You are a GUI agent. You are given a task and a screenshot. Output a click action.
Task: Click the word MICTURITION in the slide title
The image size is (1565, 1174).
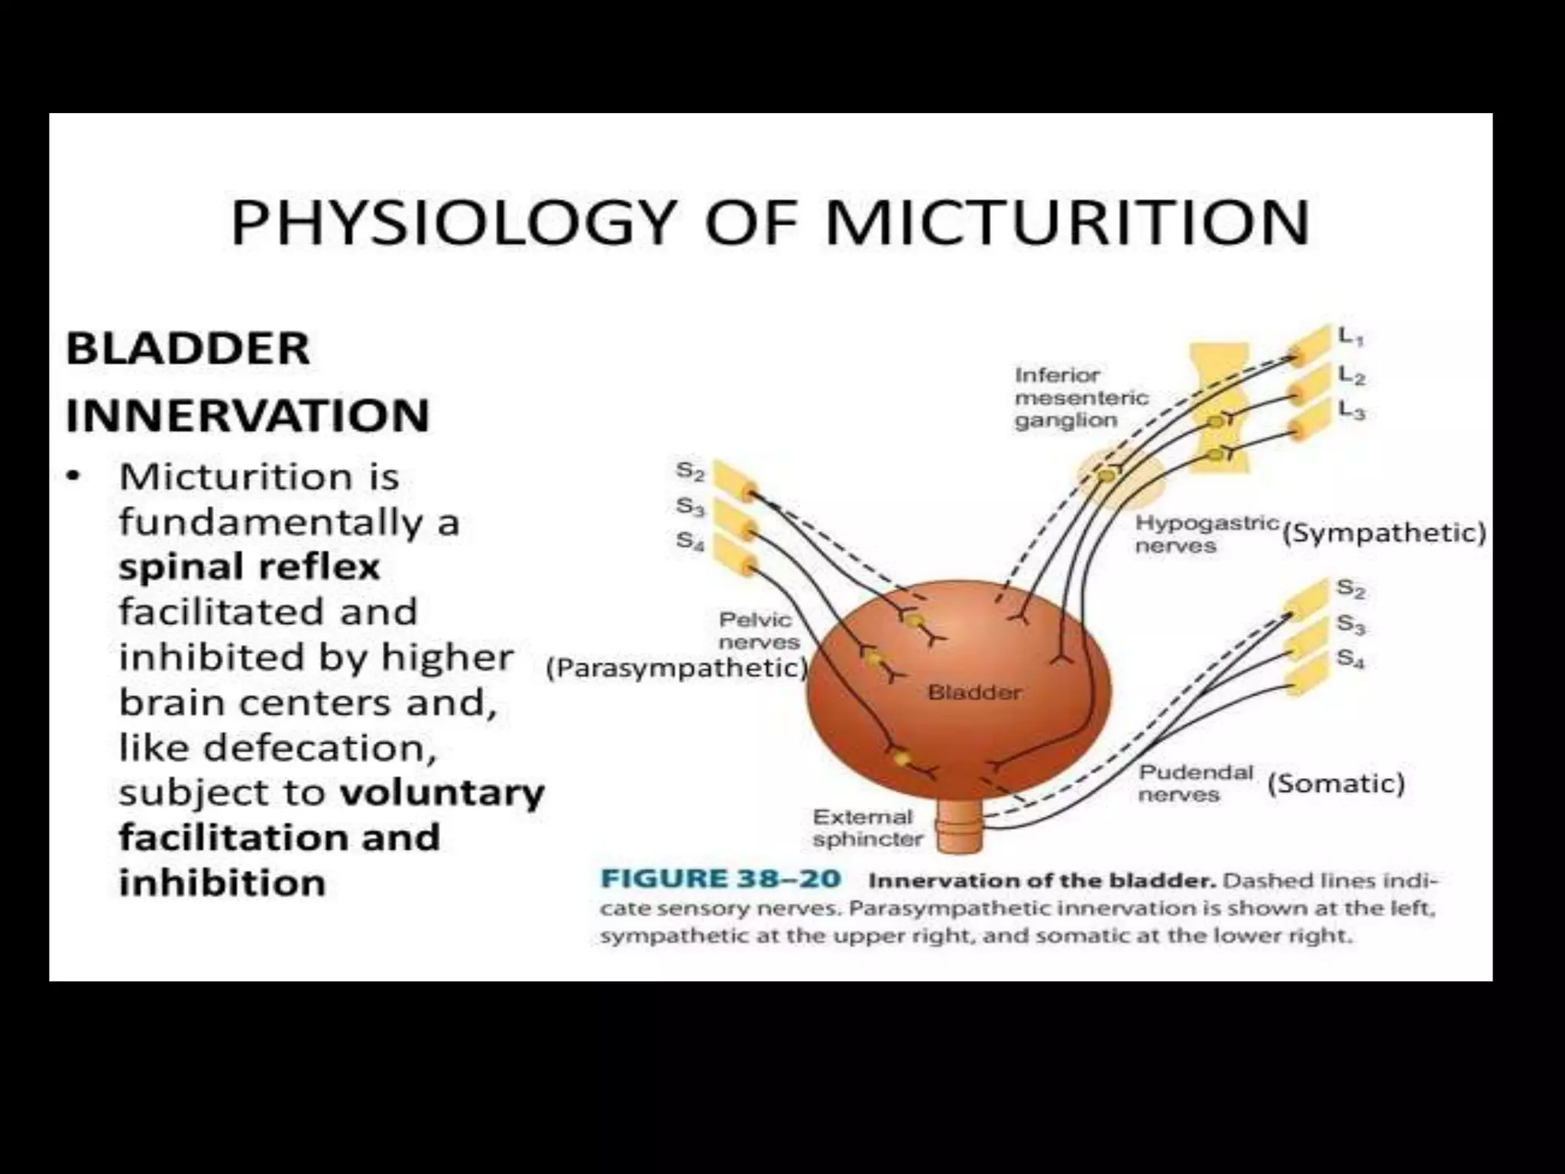tap(1068, 222)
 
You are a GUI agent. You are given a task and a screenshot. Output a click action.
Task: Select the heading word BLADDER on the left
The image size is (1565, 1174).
tap(188, 349)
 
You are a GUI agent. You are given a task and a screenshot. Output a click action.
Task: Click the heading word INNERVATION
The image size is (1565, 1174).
tap(248, 416)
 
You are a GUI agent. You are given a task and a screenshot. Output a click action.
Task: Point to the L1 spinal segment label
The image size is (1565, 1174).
tap(1350, 336)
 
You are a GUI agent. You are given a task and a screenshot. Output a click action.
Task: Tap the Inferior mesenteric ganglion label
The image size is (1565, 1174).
tap(1081, 397)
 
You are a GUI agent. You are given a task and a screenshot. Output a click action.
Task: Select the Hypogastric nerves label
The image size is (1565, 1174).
tap(1206, 533)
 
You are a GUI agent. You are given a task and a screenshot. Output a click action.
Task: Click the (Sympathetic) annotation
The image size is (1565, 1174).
tap(1384, 533)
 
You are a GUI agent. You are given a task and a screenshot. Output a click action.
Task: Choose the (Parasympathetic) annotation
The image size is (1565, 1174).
tap(677, 668)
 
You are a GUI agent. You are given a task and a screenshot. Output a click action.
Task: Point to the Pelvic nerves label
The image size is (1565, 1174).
tap(759, 630)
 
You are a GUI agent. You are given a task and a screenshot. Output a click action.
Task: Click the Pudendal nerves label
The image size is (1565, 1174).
tap(1195, 783)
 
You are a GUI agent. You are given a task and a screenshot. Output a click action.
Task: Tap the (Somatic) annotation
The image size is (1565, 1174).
tap(1336, 783)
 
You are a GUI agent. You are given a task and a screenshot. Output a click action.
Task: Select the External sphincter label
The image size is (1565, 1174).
tap(867, 828)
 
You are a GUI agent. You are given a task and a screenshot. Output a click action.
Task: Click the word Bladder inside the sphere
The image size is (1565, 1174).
tap(974, 692)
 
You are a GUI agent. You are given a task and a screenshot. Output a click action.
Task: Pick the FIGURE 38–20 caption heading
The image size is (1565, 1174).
tap(721, 879)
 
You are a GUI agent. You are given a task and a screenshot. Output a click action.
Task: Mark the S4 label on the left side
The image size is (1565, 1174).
tap(689, 541)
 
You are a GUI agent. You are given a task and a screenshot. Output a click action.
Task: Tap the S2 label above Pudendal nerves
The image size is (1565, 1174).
tap(1350, 588)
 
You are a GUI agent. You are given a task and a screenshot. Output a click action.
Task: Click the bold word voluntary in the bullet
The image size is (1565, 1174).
tap(442, 793)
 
